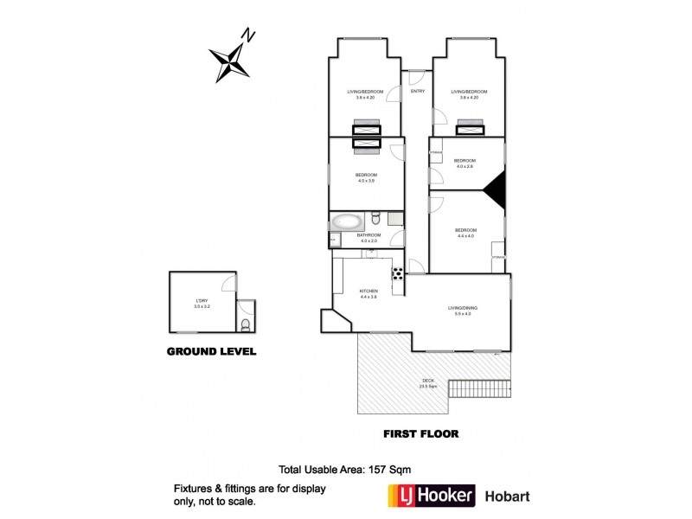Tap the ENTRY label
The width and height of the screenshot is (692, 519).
point(418,91)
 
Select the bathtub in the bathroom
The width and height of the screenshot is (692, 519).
point(349,221)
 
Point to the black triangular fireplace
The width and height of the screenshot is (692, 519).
point(496,189)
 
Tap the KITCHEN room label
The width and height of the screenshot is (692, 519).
point(368,291)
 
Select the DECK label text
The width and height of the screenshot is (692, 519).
point(427,381)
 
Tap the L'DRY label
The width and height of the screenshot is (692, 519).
point(202,301)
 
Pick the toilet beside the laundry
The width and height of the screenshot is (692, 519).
point(247,325)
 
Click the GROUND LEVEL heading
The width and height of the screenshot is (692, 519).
point(211,352)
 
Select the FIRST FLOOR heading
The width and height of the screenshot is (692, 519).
point(420,433)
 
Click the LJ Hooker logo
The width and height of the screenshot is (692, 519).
point(431,496)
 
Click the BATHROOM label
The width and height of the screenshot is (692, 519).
point(370,234)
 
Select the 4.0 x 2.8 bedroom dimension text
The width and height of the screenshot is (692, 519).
point(465,166)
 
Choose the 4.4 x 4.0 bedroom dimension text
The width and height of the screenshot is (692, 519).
point(465,235)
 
